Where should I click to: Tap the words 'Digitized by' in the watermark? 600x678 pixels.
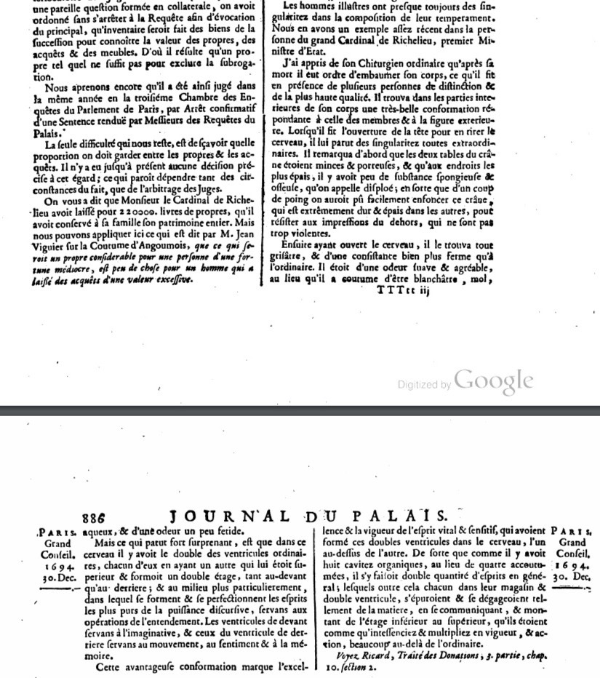[x=424, y=385]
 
